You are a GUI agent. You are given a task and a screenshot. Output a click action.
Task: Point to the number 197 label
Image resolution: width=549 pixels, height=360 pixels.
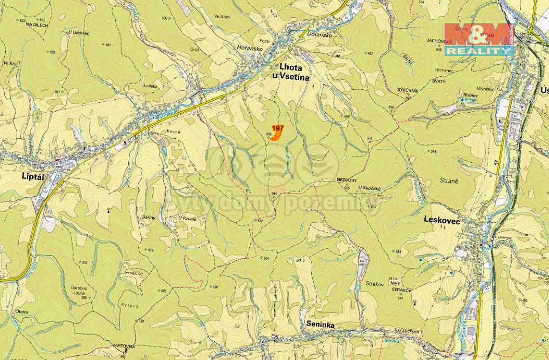click(x=278, y=128)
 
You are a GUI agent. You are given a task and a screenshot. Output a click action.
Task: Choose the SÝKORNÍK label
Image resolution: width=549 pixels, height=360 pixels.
click(x=408, y=90)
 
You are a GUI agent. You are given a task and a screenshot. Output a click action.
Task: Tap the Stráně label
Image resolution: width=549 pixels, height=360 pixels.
click(x=450, y=181)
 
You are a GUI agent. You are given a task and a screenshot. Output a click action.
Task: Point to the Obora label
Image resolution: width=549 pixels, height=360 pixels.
click(x=22, y=311)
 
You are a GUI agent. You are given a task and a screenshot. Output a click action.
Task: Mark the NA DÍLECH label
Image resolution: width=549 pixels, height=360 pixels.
click(x=36, y=24)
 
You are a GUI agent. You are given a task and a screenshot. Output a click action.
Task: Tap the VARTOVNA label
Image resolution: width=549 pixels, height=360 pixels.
click(x=124, y=345)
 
